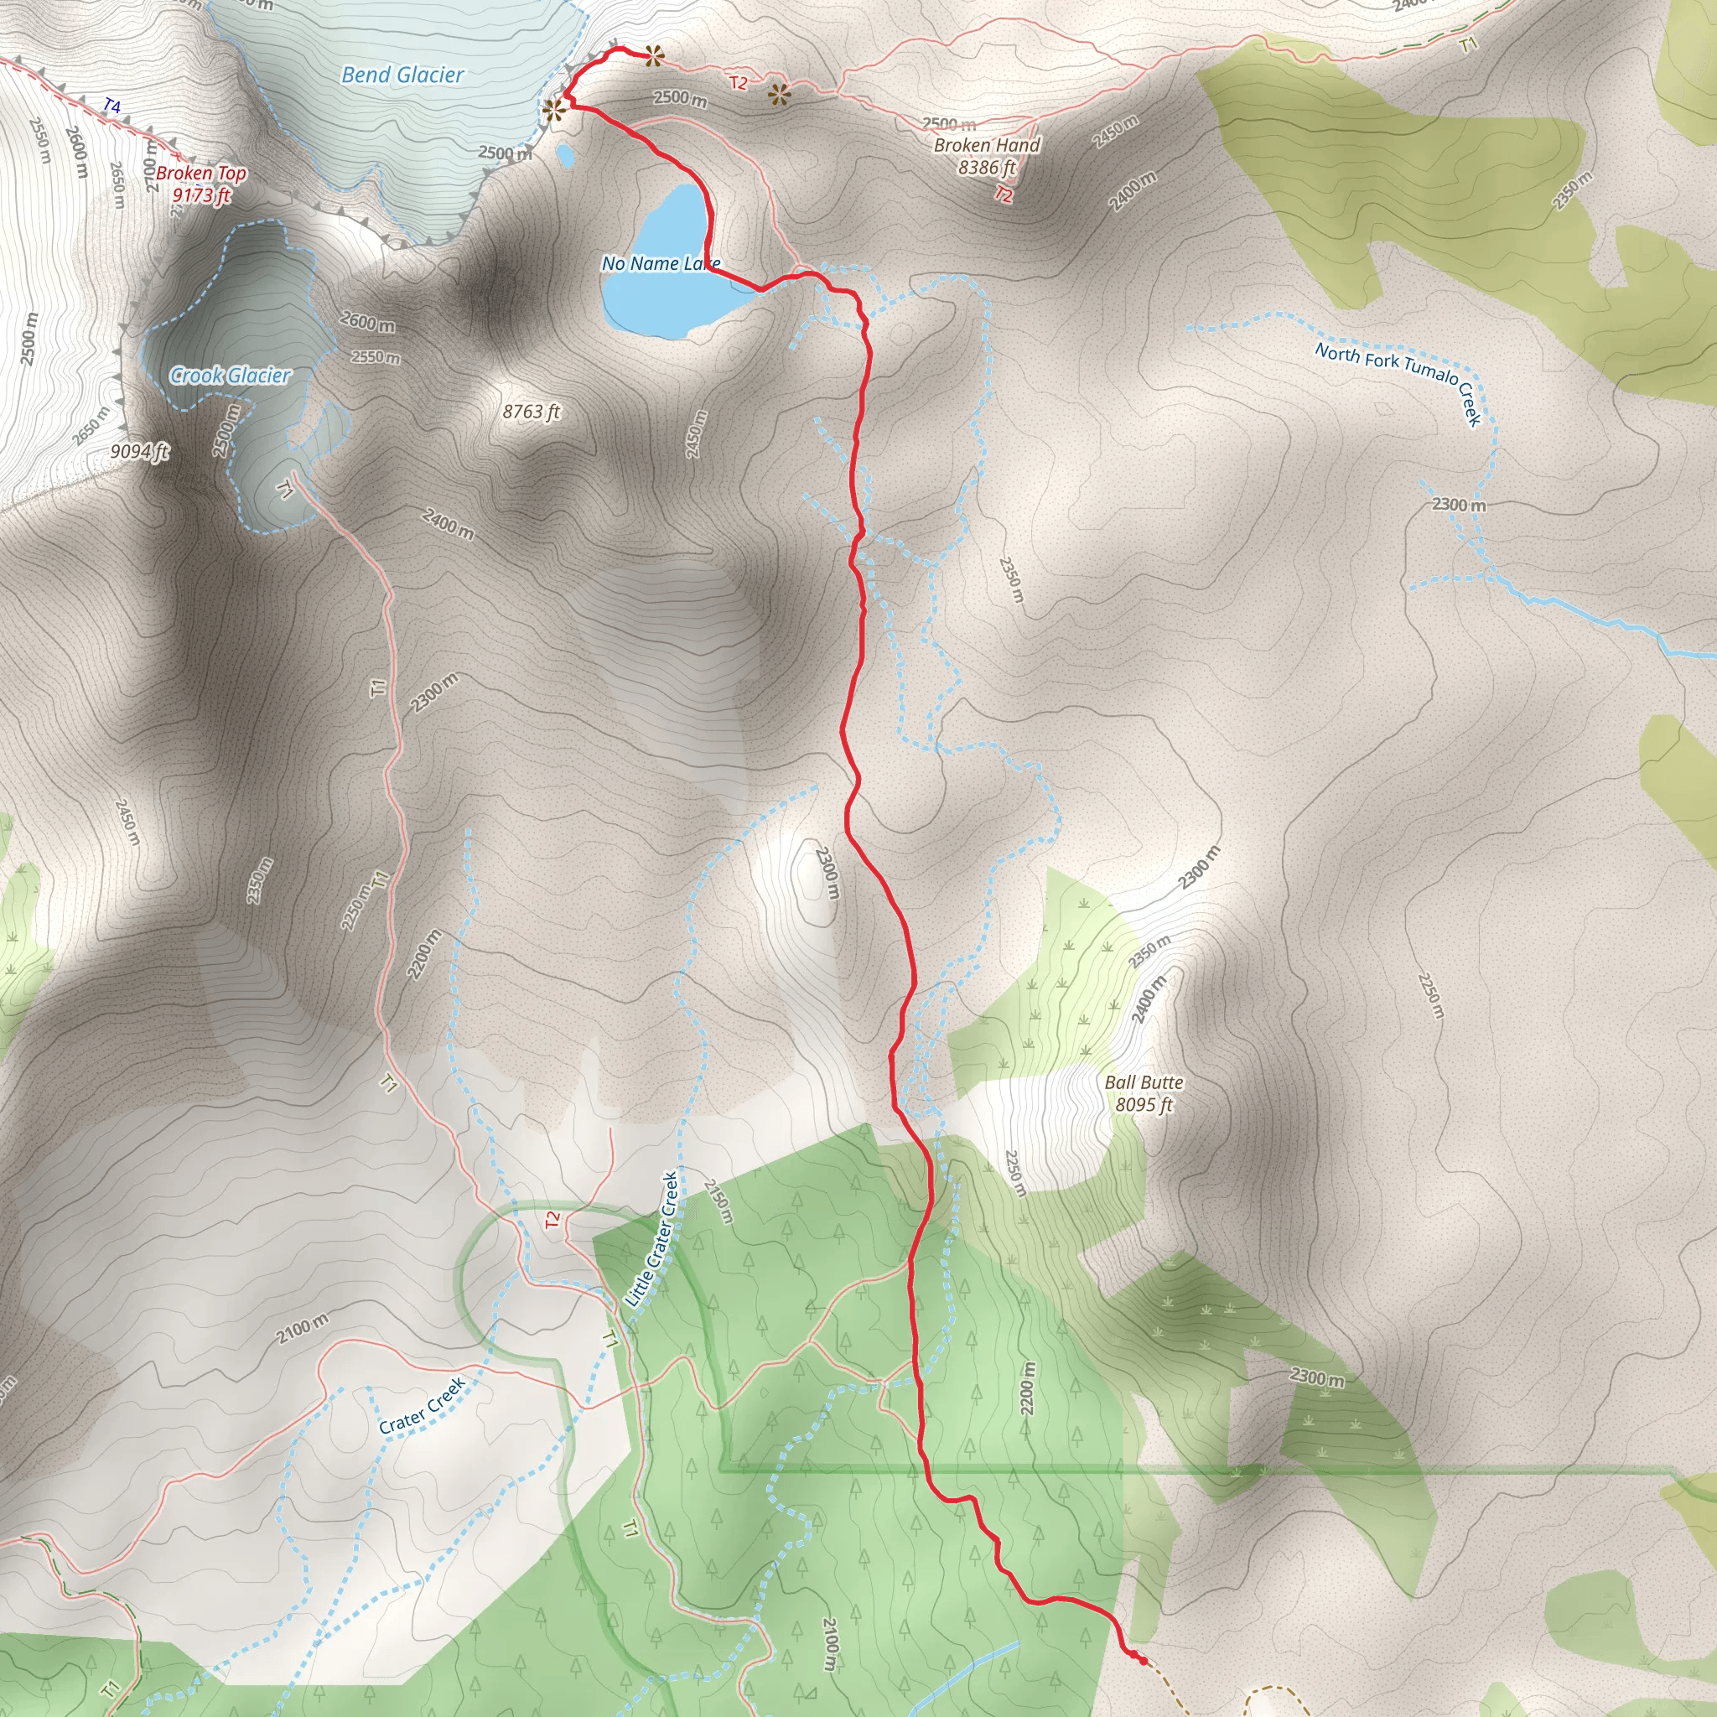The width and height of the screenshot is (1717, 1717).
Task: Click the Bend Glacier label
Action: coord(402,75)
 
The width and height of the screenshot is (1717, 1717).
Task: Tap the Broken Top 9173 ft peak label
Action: coord(201,184)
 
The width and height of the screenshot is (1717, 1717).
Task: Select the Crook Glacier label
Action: coord(231,376)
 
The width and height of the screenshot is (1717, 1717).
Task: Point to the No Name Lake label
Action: coord(661,264)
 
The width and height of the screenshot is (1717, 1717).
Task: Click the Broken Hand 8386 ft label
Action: coord(987,156)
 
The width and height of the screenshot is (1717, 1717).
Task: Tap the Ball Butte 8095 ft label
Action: coord(1144,1093)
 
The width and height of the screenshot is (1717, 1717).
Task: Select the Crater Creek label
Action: coord(423,1406)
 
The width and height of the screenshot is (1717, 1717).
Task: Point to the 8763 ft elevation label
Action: coord(532,412)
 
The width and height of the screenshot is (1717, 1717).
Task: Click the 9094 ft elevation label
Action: coord(139,452)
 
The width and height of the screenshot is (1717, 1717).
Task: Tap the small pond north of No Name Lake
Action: coord(565,156)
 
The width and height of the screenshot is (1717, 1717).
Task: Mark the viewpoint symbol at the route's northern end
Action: coord(654,56)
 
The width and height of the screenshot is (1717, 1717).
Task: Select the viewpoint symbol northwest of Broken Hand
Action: coord(780,95)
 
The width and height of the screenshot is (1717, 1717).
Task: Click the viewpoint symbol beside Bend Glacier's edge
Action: coord(554,109)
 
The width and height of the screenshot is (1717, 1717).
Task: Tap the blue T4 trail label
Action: coord(112,106)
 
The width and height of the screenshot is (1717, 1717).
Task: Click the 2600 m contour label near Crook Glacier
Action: coord(367,322)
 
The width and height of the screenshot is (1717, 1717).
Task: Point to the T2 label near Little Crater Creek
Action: coord(552,1219)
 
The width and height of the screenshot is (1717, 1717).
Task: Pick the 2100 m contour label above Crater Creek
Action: coord(302,1329)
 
